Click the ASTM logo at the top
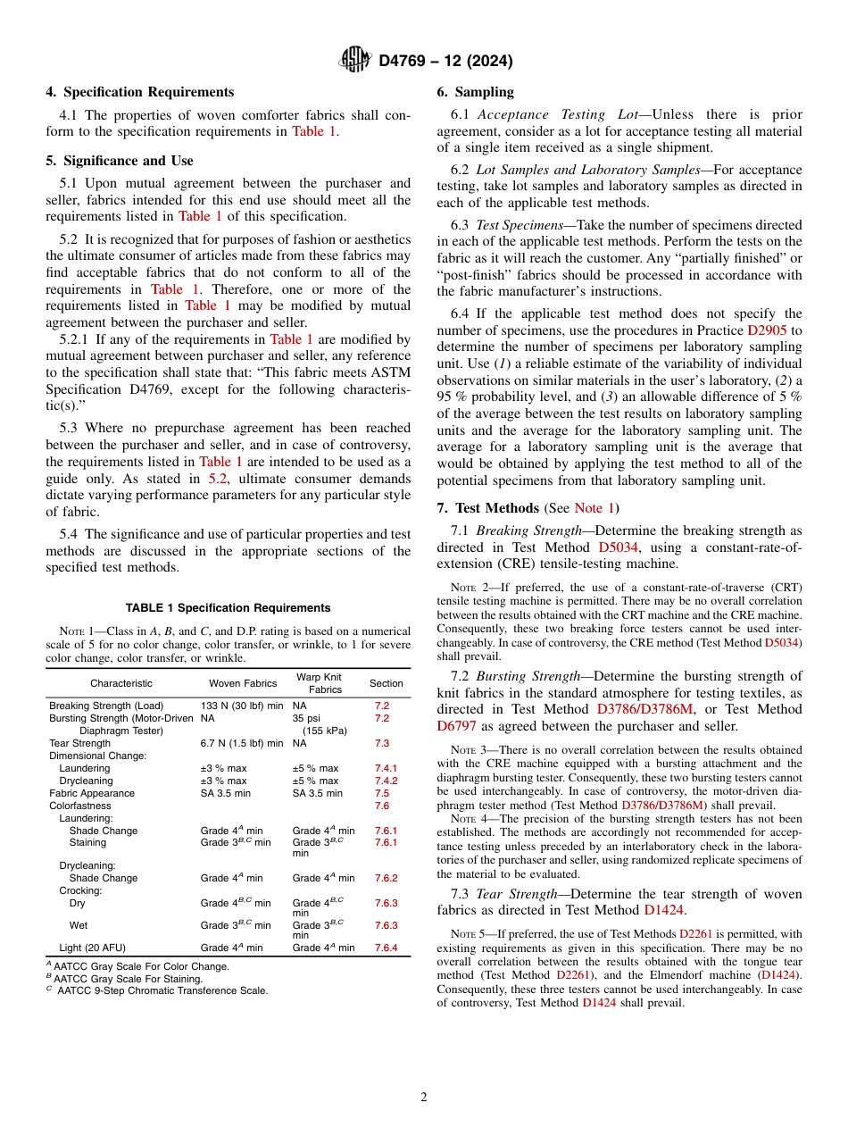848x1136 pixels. tap(355, 60)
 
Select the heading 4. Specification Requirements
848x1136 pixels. tap(140, 92)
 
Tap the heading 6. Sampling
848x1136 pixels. tap(475, 92)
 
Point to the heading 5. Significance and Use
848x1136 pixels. tap(120, 161)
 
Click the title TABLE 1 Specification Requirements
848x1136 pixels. tap(228, 608)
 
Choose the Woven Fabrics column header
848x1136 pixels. tap(242, 683)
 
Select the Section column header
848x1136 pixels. tap(387, 683)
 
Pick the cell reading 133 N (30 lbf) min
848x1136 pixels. tap(242, 706)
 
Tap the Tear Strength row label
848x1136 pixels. tap(80, 743)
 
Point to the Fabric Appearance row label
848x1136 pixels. tap(92, 793)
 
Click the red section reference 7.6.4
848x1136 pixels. tap(386, 948)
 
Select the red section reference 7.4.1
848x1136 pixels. tap(386, 768)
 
